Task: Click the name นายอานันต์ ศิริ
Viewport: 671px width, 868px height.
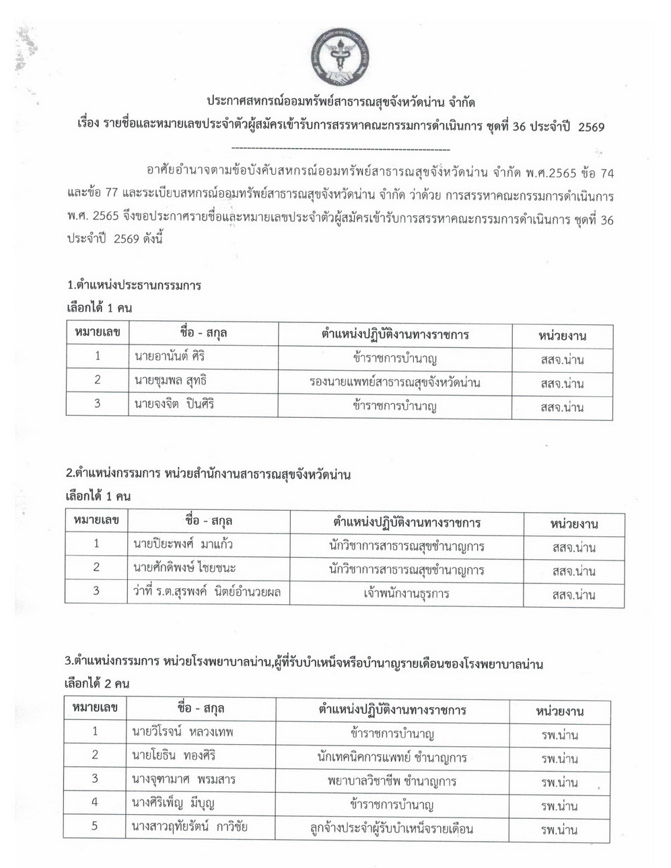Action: tap(170, 357)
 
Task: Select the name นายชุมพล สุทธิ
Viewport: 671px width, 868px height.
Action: tap(170, 381)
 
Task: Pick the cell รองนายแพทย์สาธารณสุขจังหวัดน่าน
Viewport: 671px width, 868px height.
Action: tap(395, 382)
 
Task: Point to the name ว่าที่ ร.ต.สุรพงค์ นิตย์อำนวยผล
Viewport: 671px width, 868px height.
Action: tap(207, 592)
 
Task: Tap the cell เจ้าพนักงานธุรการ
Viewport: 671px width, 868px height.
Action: tap(406, 594)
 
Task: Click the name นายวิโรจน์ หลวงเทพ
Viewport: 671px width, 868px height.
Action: tap(182, 731)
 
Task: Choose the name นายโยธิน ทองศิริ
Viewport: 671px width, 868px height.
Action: tap(174, 756)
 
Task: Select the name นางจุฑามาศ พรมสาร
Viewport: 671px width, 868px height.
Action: tap(184, 779)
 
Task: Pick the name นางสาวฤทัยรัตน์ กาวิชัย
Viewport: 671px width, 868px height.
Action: tap(190, 826)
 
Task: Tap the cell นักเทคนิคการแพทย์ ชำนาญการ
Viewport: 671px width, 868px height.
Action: tap(392, 757)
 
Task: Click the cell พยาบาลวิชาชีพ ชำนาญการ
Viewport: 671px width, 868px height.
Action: tap(392, 781)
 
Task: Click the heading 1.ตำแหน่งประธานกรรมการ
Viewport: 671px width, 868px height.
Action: tap(134, 285)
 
